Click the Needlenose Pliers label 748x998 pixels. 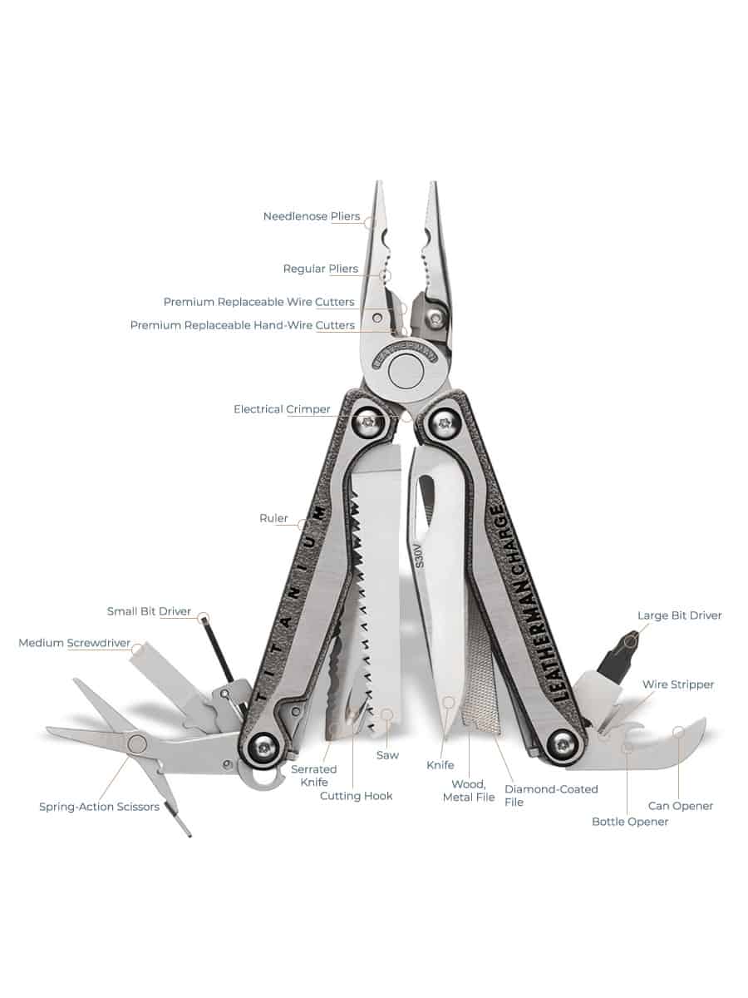click(312, 216)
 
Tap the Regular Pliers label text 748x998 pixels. click(321, 269)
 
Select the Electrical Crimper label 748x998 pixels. click(282, 409)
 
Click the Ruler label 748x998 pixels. click(273, 518)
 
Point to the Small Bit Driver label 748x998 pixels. click(149, 611)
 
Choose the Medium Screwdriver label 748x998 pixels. click(75, 643)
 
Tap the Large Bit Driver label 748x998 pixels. click(679, 615)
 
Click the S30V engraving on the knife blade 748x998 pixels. click(419, 556)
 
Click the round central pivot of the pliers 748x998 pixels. click(406, 371)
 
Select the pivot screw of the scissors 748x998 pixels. click(136, 744)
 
